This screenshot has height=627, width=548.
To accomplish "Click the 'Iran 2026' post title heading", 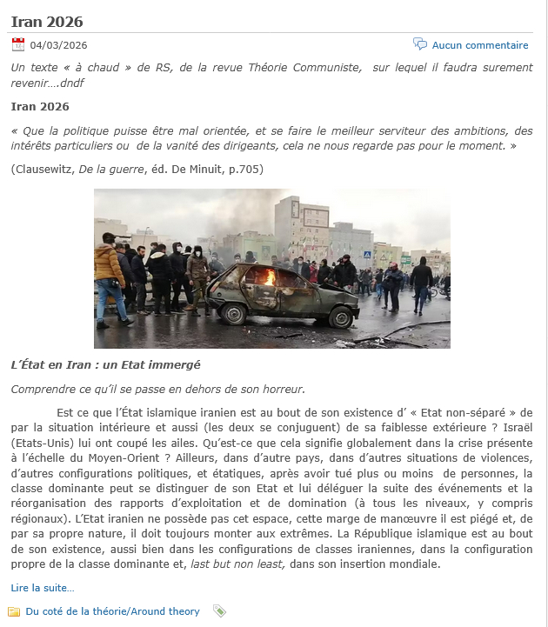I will (47, 20).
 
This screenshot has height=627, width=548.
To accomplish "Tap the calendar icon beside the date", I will (18, 45).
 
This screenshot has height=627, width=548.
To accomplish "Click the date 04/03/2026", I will (58, 46).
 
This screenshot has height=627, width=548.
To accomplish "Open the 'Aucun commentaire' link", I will (480, 45).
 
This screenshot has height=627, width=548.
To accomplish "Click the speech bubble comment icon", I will (420, 44).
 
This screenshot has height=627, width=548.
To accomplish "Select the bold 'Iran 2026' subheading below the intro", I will (40, 107).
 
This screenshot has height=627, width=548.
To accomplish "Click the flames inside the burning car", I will (270, 277).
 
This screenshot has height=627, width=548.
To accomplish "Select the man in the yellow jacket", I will (110, 270).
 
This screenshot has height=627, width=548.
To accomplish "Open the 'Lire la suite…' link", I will (43, 588).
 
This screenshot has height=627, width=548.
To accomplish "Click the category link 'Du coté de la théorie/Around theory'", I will (112, 611).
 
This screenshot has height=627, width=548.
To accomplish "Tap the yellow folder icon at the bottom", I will (15, 611).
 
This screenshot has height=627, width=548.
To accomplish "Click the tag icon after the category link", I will (219, 611).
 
